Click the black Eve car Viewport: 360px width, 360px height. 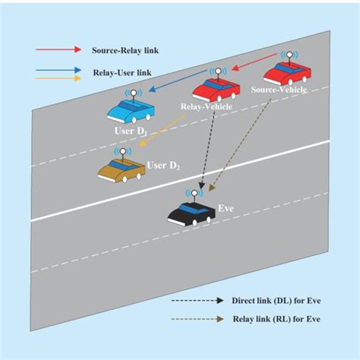coord(191,213)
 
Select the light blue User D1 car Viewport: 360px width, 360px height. coord(131,112)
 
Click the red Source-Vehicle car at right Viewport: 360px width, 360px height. coord(286,74)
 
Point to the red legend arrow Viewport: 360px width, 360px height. coord(56,50)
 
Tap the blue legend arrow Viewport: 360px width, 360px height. coord(56,71)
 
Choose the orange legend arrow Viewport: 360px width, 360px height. coord(56,77)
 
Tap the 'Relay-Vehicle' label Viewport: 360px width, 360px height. coord(205,107)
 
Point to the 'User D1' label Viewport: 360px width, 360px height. coord(131,131)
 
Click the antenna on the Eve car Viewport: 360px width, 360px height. coord(195,194)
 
